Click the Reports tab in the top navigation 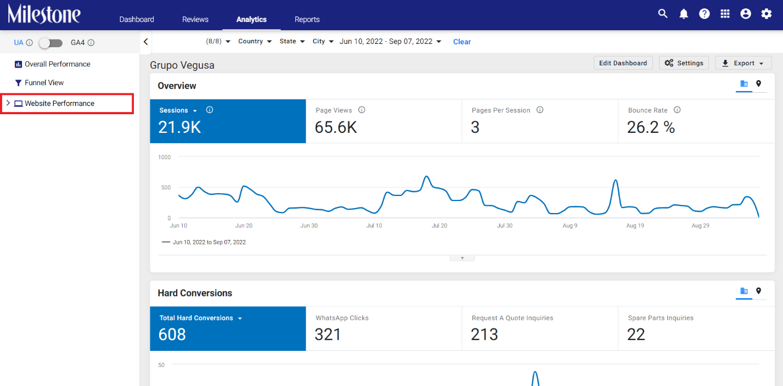307,19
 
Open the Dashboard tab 136,19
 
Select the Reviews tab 195,19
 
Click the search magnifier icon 662,14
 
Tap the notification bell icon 683,14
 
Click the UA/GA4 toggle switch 50,43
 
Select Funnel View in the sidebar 44,83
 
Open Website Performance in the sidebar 59,103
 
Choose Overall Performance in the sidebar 57,64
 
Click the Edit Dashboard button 623,63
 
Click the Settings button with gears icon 684,63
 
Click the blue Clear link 462,42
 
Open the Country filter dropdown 255,41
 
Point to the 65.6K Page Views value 336,127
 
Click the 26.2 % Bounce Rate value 651,127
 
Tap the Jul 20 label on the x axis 440,226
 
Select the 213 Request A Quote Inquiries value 484,334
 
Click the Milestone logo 44,14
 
